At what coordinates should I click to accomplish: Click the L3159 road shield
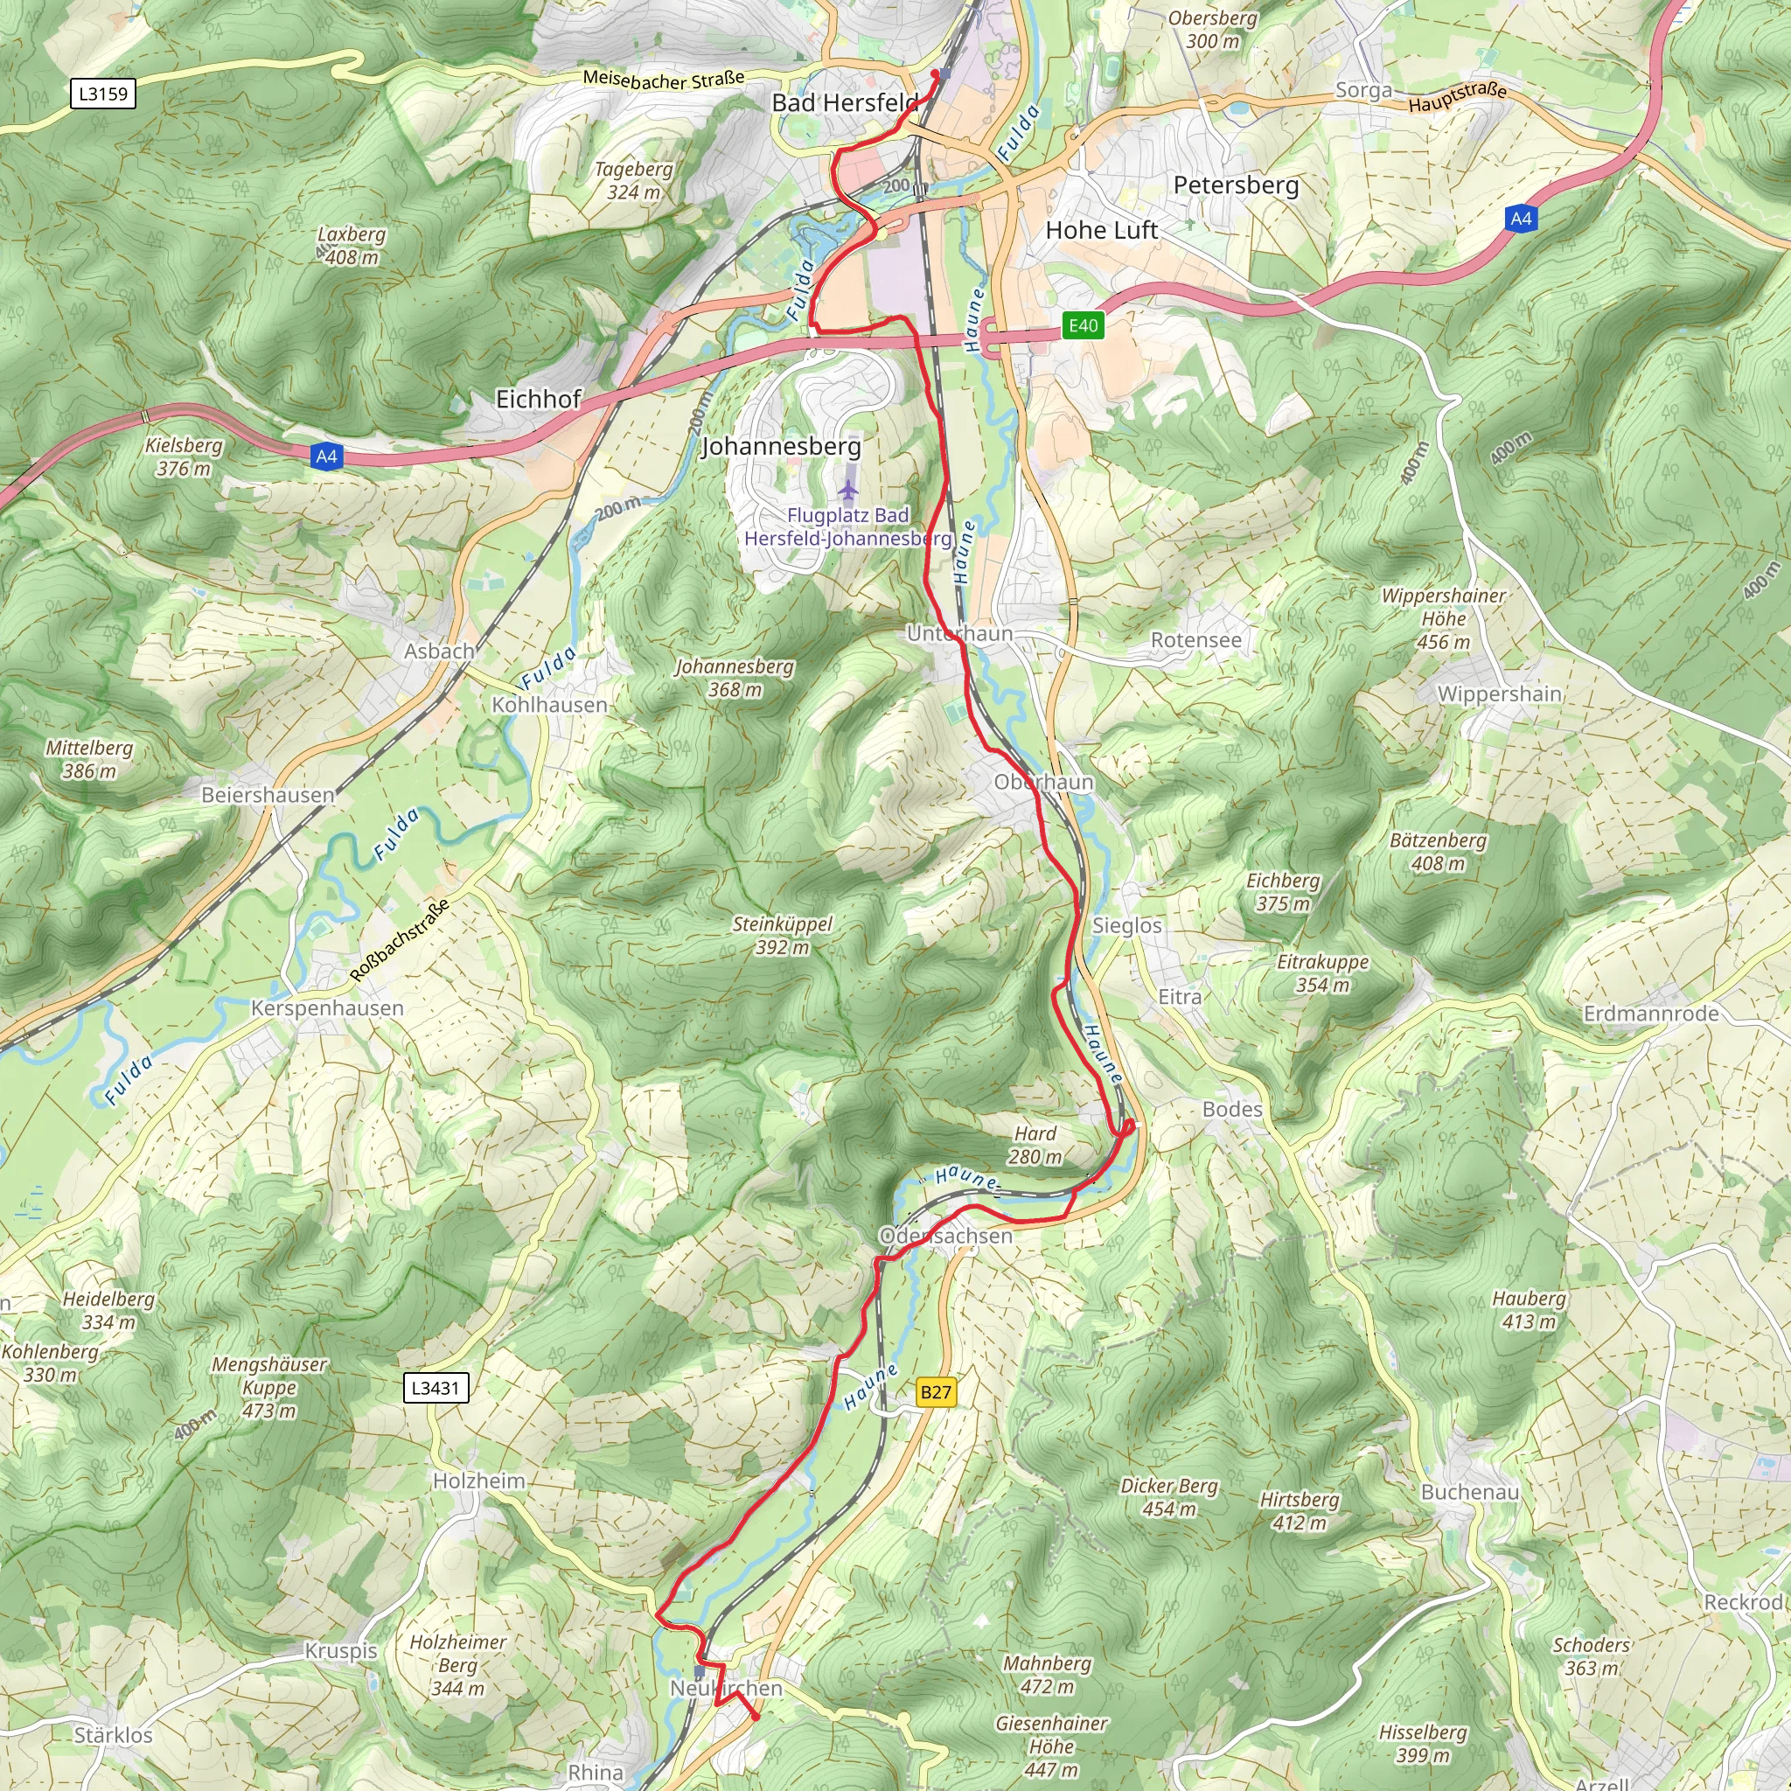click(103, 94)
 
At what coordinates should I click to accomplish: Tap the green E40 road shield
click(1083, 325)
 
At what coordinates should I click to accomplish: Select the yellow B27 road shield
click(936, 1391)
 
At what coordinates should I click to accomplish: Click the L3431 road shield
click(436, 1388)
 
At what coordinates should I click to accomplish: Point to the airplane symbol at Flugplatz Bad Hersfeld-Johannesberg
click(848, 489)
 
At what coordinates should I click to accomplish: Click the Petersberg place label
click(1236, 185)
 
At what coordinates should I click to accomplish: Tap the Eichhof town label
click(539, 400)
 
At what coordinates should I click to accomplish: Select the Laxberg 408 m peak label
click(352, 246)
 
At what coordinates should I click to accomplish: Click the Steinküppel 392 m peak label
click(783, 936)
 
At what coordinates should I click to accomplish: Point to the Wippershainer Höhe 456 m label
click(1443, 618)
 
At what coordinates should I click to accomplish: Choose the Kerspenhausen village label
click(327, 1007)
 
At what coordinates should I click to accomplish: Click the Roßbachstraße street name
click(400, 940)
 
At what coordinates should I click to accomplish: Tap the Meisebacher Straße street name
click(664, 80)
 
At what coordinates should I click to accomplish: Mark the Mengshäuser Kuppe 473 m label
click(268, 1388)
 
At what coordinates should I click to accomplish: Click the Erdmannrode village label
click(1651, 1014)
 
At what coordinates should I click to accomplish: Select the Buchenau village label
click(1470, 1492)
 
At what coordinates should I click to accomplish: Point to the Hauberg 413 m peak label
click(1529, 1310)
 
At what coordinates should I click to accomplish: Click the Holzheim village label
click(479, 1481)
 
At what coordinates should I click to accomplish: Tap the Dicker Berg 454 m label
click(1169, 1497)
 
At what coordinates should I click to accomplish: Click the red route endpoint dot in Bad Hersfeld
click(935, 73)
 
